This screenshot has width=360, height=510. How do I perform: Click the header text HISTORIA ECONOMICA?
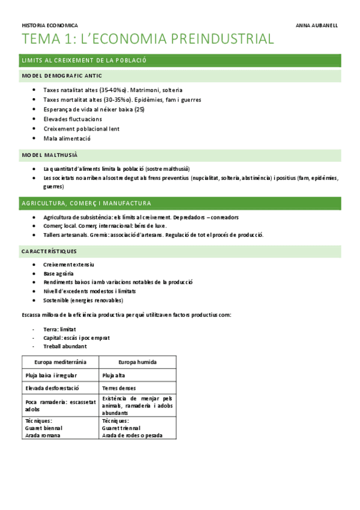(x=49, y=26)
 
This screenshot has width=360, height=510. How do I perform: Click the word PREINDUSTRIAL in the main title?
(x=223, y=40)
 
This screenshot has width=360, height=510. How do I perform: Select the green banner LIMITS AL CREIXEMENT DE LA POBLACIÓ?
(x=84, y=61)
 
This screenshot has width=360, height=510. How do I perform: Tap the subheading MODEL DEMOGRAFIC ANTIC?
(x=62, y=76)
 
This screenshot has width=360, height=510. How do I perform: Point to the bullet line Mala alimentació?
(x=67, y=138)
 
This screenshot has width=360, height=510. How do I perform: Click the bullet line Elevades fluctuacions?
(x=73, y=119)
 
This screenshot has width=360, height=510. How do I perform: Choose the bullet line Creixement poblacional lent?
(x=82, y=129)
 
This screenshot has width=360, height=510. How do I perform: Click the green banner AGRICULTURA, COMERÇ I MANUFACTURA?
(x=86, y=203)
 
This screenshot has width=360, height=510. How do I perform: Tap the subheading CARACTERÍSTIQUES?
(x=49, y=250)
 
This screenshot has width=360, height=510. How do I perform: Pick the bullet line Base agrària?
(x=58, y=273)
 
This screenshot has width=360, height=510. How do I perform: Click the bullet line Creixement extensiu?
(x=69, y=265)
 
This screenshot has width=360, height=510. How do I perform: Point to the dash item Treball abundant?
(x=65, y=346)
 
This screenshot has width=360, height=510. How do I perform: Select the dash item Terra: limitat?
(x=59, y=330)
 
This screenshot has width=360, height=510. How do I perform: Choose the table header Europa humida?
(x=137, y=362)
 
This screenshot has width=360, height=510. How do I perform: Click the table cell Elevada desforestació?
(x=53, y=388)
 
